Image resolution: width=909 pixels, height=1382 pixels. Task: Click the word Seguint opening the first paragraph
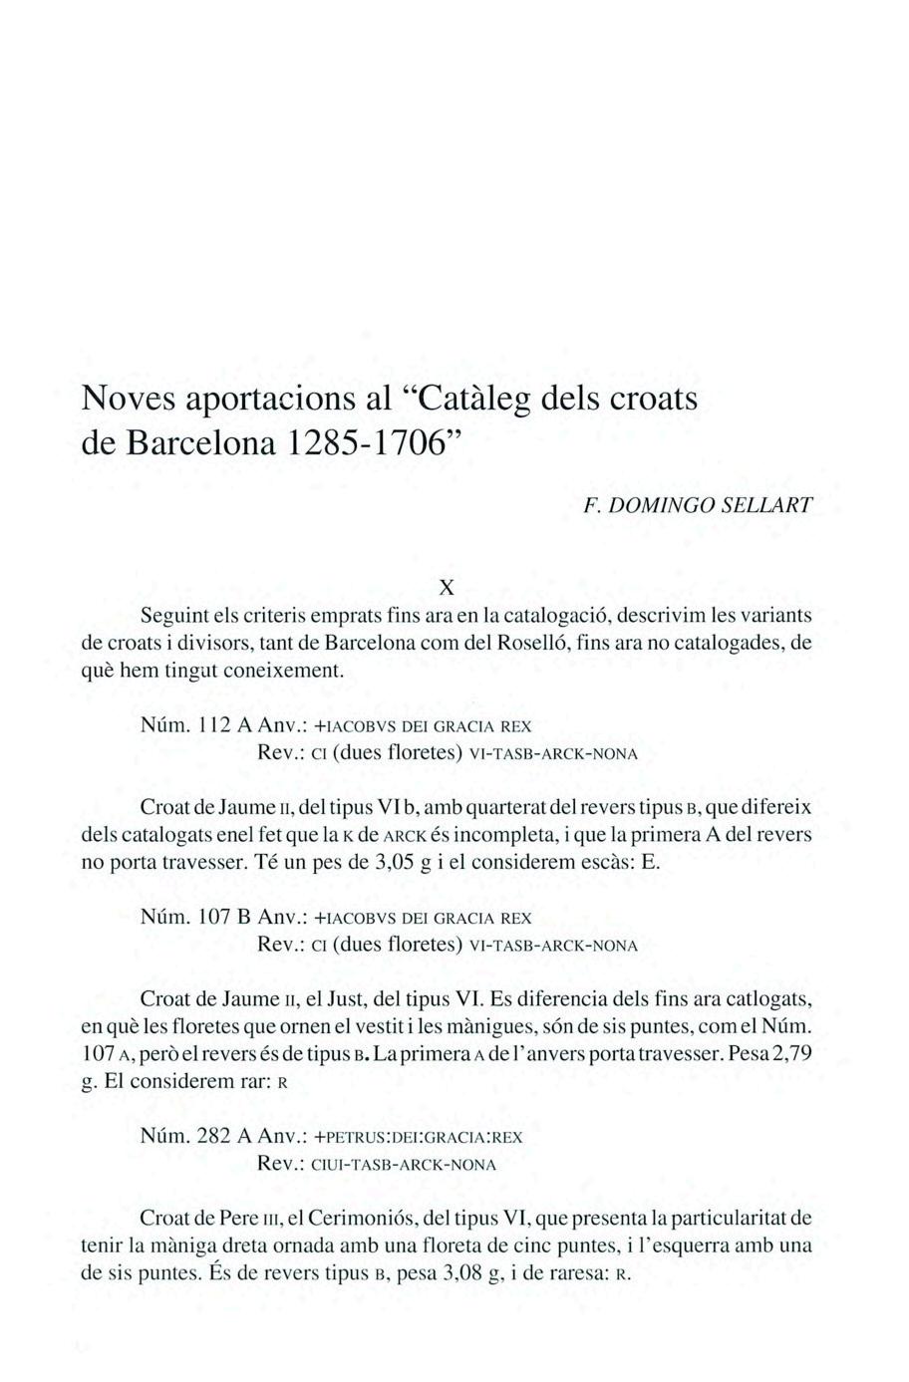coord(173,615)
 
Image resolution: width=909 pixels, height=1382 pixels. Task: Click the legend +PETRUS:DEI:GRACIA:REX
coord(418,1137)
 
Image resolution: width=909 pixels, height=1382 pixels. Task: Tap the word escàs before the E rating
coord(606,861)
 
